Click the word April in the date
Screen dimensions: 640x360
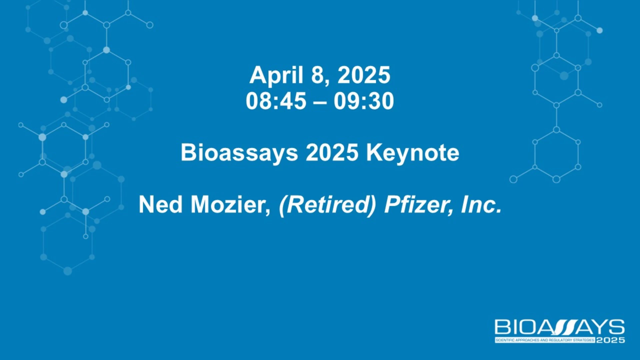click(x=276, y=76)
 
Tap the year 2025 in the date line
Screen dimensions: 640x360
click(x=364, y=75)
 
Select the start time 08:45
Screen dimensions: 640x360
click(x=276, y=101)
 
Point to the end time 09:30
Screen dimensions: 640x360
click(x=364, y=101)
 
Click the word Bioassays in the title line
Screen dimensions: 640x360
click(x=239, y=153)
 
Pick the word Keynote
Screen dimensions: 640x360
click(x=413, y=153)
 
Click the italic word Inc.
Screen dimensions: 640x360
click(x=481, y=204)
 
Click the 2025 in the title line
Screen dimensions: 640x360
click(x=332, y=153)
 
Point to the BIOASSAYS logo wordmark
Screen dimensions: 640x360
click(x=560, y=327)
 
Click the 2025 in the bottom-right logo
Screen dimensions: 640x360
click(x=611, y=340)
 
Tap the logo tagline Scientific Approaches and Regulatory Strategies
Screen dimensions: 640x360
click(x=545, y=340)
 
